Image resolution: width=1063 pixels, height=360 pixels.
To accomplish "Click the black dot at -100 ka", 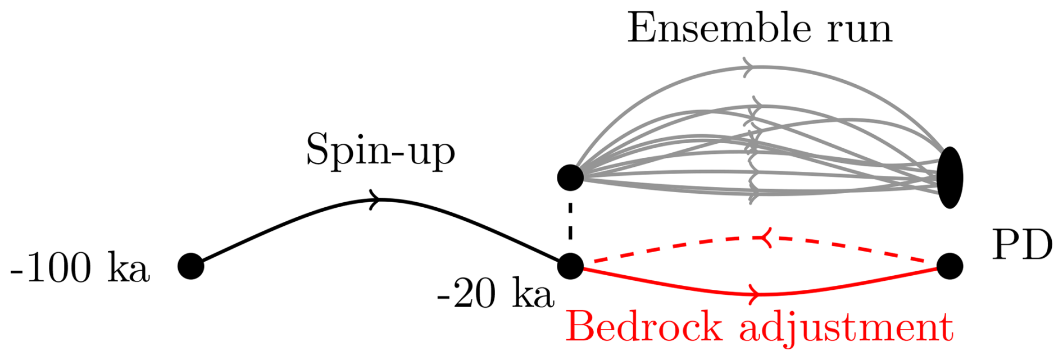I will pos(191,266).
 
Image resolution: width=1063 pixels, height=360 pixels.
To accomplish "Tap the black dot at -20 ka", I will pos(570,266).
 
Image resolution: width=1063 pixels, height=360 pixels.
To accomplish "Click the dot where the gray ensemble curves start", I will pos(570,177).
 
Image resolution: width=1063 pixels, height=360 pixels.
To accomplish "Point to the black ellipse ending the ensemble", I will pos(950,177).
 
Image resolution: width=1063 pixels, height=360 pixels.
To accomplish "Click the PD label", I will pos(1021,245).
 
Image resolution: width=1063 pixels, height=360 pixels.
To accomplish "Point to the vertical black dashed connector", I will pos(570,222).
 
